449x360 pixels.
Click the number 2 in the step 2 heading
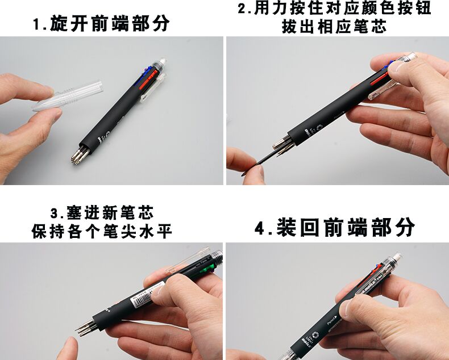point(243,9)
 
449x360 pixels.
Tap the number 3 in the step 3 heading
point(55,214)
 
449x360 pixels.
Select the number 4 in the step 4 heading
point(260,228)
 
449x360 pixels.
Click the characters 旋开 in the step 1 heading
point(68,24)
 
